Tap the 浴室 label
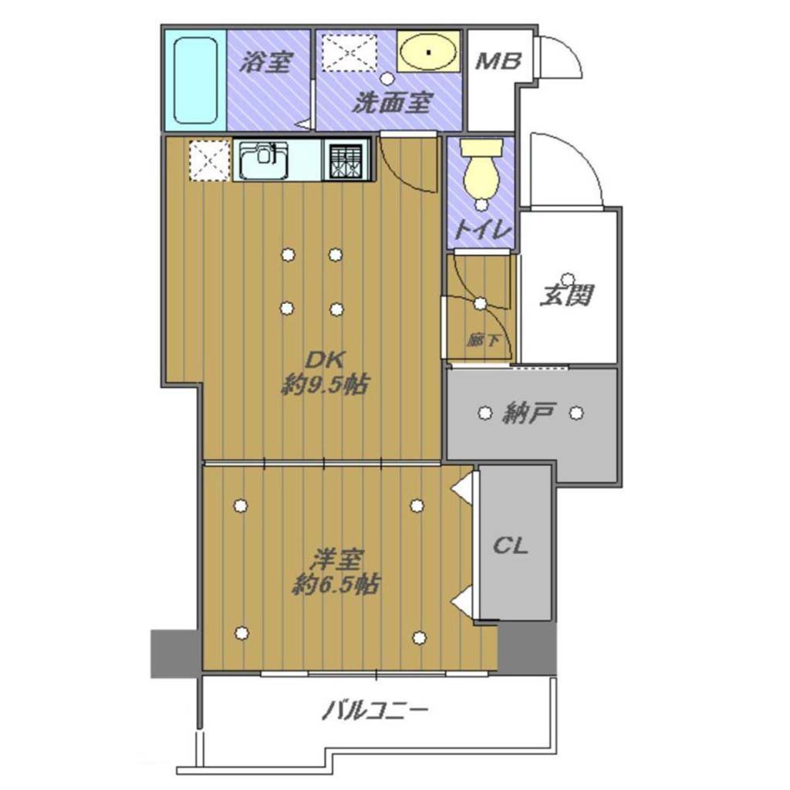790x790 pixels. click(266, 62)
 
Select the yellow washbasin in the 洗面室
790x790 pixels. click(428, 52)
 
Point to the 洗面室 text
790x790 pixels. click(392, 103)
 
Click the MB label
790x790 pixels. click(498, 62)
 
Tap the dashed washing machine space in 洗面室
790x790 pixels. click(349, 52)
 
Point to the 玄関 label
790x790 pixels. click(567, 295)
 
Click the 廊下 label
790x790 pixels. click(483, 341)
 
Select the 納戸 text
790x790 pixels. click(529, 414)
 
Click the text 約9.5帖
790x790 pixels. click(324, 386)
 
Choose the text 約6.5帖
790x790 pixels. click(336, 585)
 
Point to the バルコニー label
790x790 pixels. click(376, 711)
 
